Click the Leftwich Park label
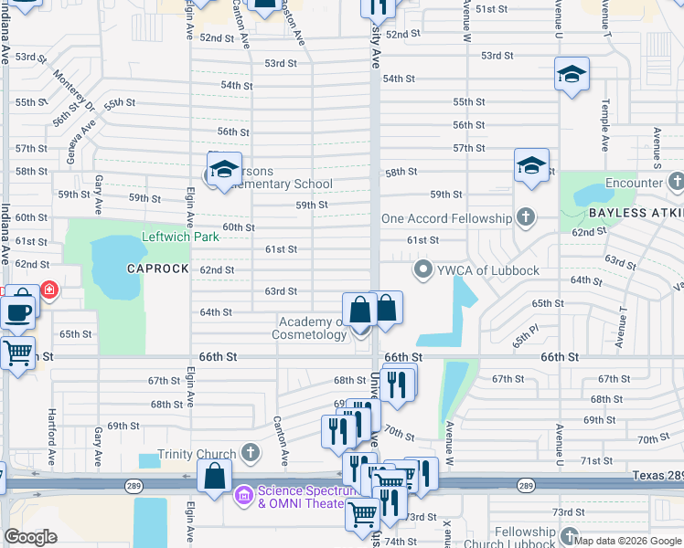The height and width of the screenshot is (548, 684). [180, 237]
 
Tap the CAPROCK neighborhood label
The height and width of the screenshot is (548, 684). [156, 269]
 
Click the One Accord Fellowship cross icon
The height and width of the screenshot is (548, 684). [525, 218]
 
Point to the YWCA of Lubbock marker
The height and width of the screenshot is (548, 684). [422, 269]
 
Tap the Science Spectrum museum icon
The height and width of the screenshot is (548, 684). [244, 496]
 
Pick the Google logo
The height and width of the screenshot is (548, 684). [30, 537]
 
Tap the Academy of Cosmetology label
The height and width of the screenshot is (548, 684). [311, 328]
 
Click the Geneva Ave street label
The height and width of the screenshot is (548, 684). [80, 144]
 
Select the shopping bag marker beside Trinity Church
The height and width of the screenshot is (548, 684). [214, 476]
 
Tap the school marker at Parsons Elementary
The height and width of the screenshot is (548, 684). [224, 169]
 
